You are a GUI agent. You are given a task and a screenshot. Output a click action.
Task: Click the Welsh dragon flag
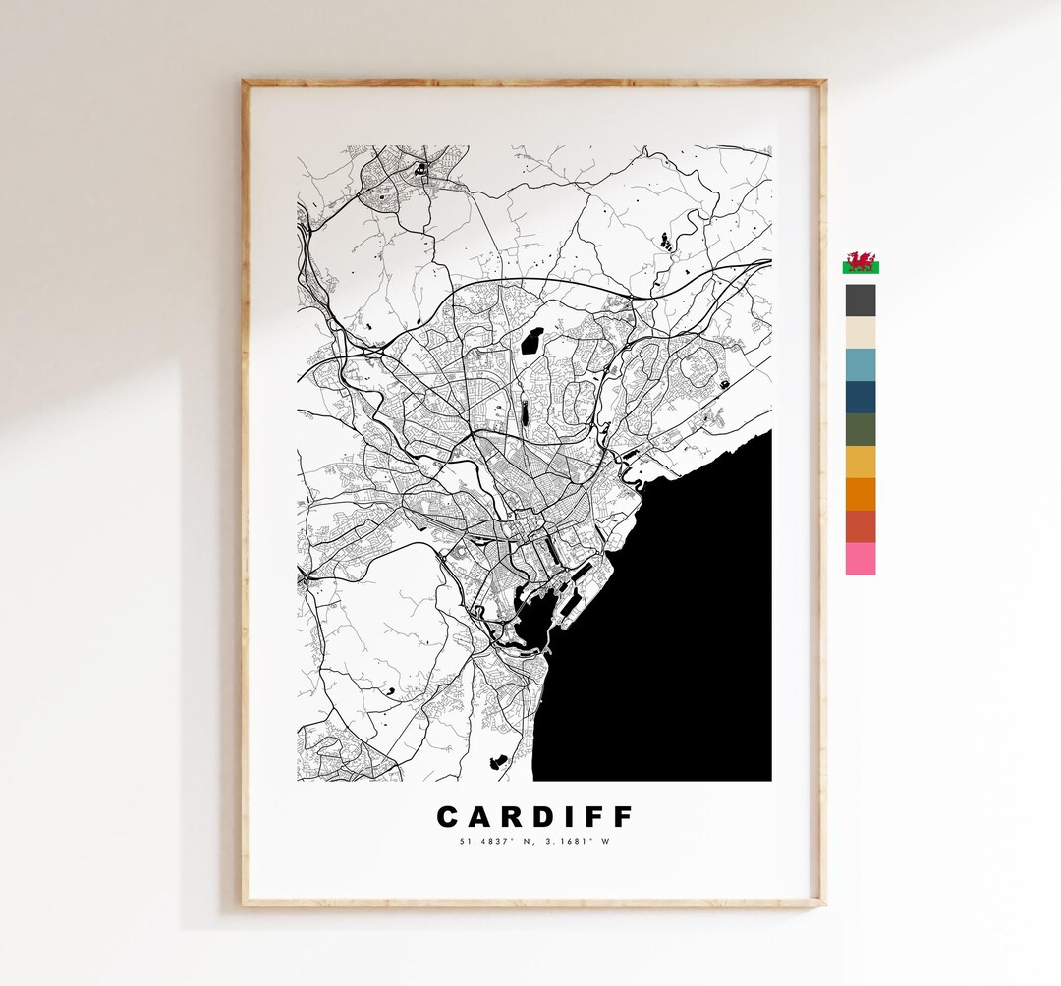861,263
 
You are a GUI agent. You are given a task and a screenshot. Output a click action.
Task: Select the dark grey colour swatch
861,300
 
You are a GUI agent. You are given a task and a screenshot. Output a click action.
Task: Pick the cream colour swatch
861,332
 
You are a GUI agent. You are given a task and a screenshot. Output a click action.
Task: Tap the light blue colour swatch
861,364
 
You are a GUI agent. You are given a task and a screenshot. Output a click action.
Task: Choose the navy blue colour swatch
861,397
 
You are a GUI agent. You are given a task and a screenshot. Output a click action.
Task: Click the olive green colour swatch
861,429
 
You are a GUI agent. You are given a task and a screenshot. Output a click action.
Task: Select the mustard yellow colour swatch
861,462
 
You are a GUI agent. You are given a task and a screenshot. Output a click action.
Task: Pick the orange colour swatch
861,494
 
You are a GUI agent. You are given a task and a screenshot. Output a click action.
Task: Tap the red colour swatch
861,526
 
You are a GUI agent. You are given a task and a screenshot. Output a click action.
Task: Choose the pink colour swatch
861,559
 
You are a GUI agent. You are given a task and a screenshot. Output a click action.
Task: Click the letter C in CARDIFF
448,817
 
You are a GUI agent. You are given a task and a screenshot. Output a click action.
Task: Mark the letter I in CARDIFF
570,817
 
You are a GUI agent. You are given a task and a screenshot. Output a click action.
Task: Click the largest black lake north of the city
532,341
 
